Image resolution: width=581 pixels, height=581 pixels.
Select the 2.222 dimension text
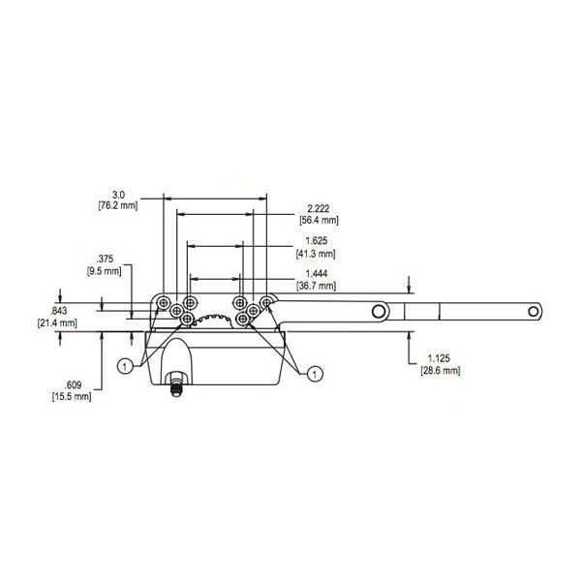point(317,208)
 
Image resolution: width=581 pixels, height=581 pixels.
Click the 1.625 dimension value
point(313,241)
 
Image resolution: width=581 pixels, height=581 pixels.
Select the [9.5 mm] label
point(106,272)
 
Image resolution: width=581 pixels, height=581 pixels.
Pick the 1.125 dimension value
point(436,358)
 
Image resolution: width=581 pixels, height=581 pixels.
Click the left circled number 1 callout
point(126,365)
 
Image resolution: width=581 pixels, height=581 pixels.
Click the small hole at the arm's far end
point(531,312)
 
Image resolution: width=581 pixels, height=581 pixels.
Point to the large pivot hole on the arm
point(380,311)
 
